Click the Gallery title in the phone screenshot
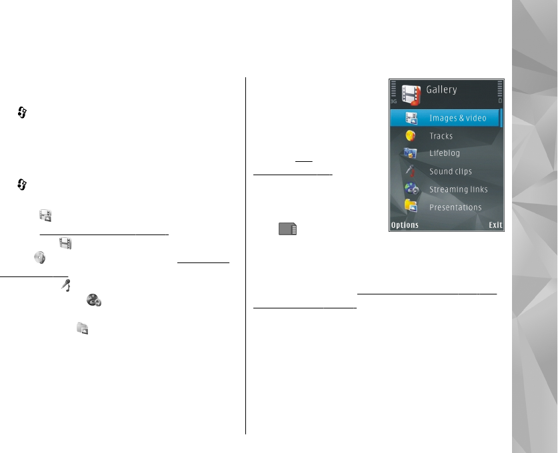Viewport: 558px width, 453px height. pyautogui.click(x=441, y=90)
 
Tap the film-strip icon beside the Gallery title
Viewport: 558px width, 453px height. pyautogui.click(x=411, y=95)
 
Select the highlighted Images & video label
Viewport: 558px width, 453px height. pyautogui.click(x=457, y=119)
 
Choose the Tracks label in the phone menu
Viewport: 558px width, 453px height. pyautogui.click(x=441, y=136)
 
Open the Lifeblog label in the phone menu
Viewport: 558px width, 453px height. pyautogui.click(x=444, y=153)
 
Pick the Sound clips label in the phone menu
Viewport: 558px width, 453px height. pyautogui.click(x=450, y=171)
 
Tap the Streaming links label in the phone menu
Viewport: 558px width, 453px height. pyautogui.click(x=458, y=189)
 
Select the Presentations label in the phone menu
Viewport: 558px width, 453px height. pyautogui.click(x=455, y=207)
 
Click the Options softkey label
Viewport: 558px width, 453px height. pyautogui.click(x=405, y=225)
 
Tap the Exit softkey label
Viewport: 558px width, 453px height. pyautogui.click(x=495, y=225)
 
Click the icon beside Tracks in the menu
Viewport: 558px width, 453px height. pyautogui.click(x=411, y=136)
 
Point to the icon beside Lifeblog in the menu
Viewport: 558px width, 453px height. pyautogui.click(x=411, y=154)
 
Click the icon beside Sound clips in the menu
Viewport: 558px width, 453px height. pyautogui.click(x=411, y=171)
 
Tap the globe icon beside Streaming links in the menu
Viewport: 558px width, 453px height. pyautogui.click(x=411, y=189)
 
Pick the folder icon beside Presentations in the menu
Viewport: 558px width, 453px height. pyautogui.click(x=411, y=207)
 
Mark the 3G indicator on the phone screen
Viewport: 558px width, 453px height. pyautogui.click(x=393, y=101)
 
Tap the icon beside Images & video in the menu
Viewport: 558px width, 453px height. pyautogui.click(x=411, y=119)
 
